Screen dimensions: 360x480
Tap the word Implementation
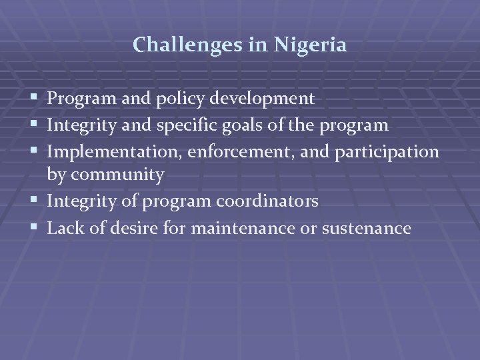pyautogui.click(x=115, y=151)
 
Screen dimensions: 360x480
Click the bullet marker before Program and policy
pyautogui.click(x=35, y=100)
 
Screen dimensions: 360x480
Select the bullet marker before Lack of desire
pyautogui.click(x=35, y=229)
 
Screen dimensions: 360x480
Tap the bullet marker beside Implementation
pyautogui.click(x=35, y=151)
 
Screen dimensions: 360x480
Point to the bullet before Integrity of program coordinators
pyautogui.click(x=35, y=202)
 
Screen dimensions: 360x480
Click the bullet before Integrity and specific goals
pyautogui.click(x=35, y=126)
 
